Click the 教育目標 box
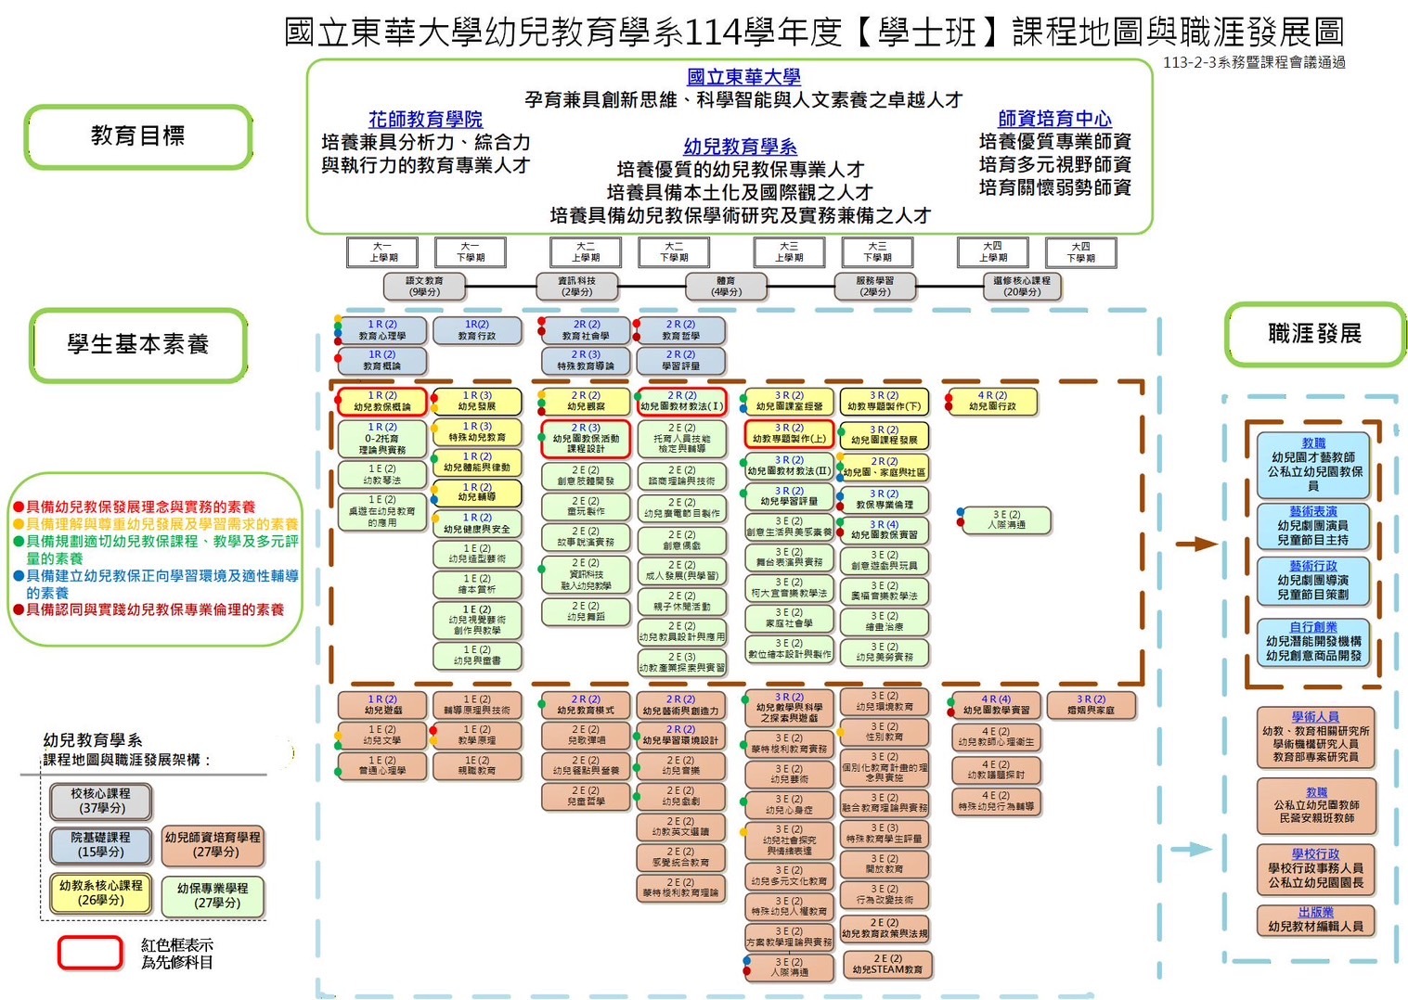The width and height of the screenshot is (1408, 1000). (138, 136)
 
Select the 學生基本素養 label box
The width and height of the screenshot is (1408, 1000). (138, 345)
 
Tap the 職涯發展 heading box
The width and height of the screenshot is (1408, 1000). (1314, 334)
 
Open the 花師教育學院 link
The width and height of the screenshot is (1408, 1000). (425, 120)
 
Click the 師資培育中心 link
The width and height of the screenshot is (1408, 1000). (1054, 119)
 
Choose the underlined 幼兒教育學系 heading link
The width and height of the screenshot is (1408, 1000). (740, 147)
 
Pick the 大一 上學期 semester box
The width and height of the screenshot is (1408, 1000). (382, 252)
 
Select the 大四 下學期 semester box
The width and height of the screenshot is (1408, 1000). (1080, 252)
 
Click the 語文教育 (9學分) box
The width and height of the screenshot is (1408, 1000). (424, 287)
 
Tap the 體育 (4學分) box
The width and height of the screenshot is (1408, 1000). (726, 287)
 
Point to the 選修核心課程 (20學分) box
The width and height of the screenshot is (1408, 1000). (1021, 287)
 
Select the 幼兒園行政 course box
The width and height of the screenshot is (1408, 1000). (992, 402)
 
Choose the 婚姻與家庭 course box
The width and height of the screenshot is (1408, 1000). (1091, 705)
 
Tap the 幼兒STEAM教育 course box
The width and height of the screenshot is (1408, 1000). (886, 965)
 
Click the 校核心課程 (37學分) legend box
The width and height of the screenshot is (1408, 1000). (100, 801)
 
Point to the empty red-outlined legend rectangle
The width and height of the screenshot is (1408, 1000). (90, 954)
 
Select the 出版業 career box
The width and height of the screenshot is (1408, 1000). (1315, 919)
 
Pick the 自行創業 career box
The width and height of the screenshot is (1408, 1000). (1313, 642)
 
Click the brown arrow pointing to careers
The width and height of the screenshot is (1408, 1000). (1196, 544)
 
